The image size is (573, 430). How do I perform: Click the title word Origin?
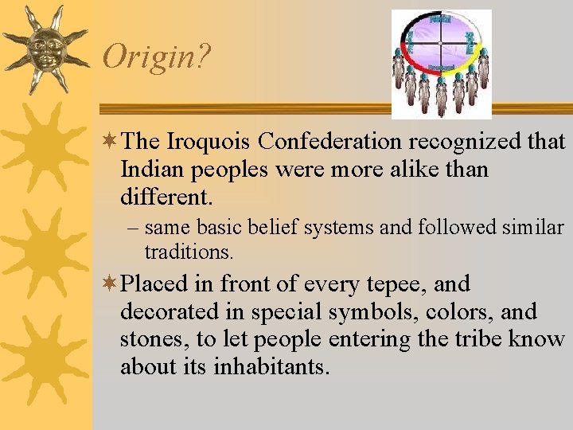pyautogui.click(x=156, y=57)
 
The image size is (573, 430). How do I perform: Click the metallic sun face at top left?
pyautogui.click(x=44, y=49)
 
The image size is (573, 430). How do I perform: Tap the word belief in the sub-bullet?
pyautogui.click(x=266, y=229)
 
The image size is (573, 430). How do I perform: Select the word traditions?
pyautogui.click(x=189, y=252)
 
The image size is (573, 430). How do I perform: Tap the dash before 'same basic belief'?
pyautogui.click(x=134, y=229)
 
